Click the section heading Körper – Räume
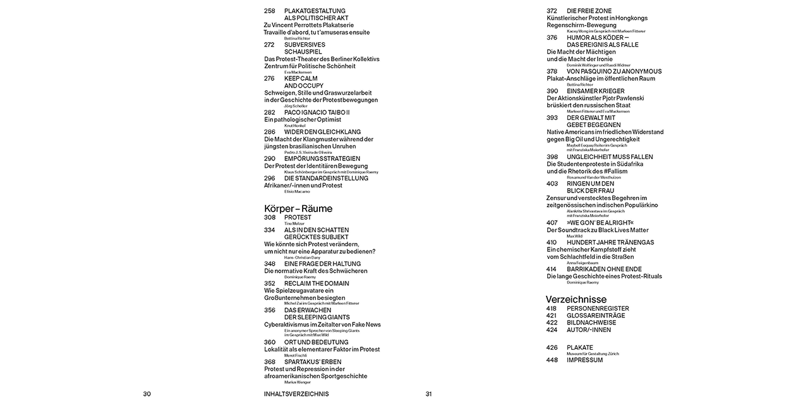(x=298, y=208)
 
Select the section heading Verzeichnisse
(x=576, y=299)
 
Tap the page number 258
(x=269, y=11)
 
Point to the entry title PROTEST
(x=298, y=218)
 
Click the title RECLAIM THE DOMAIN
(x=316, y=283)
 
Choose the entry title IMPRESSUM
(x=584, y=360)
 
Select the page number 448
(x=552, y=360)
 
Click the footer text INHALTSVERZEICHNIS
(x=296, y=394)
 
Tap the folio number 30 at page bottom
(x=147, y=394)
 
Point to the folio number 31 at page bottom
(x=429, y=394)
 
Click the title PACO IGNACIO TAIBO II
(x=316, y=112)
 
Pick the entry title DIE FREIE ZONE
(x=589, y=11)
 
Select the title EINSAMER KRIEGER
(x=595, y=91)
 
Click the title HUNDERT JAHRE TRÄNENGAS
(x=610, y=242)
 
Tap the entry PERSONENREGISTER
(x=598, y=309)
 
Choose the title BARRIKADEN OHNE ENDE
(x=604, y=269)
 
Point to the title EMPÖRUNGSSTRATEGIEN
(x=322, y=158)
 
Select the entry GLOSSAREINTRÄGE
(x=596, y=316)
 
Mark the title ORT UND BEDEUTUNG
(x=316, y=342)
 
